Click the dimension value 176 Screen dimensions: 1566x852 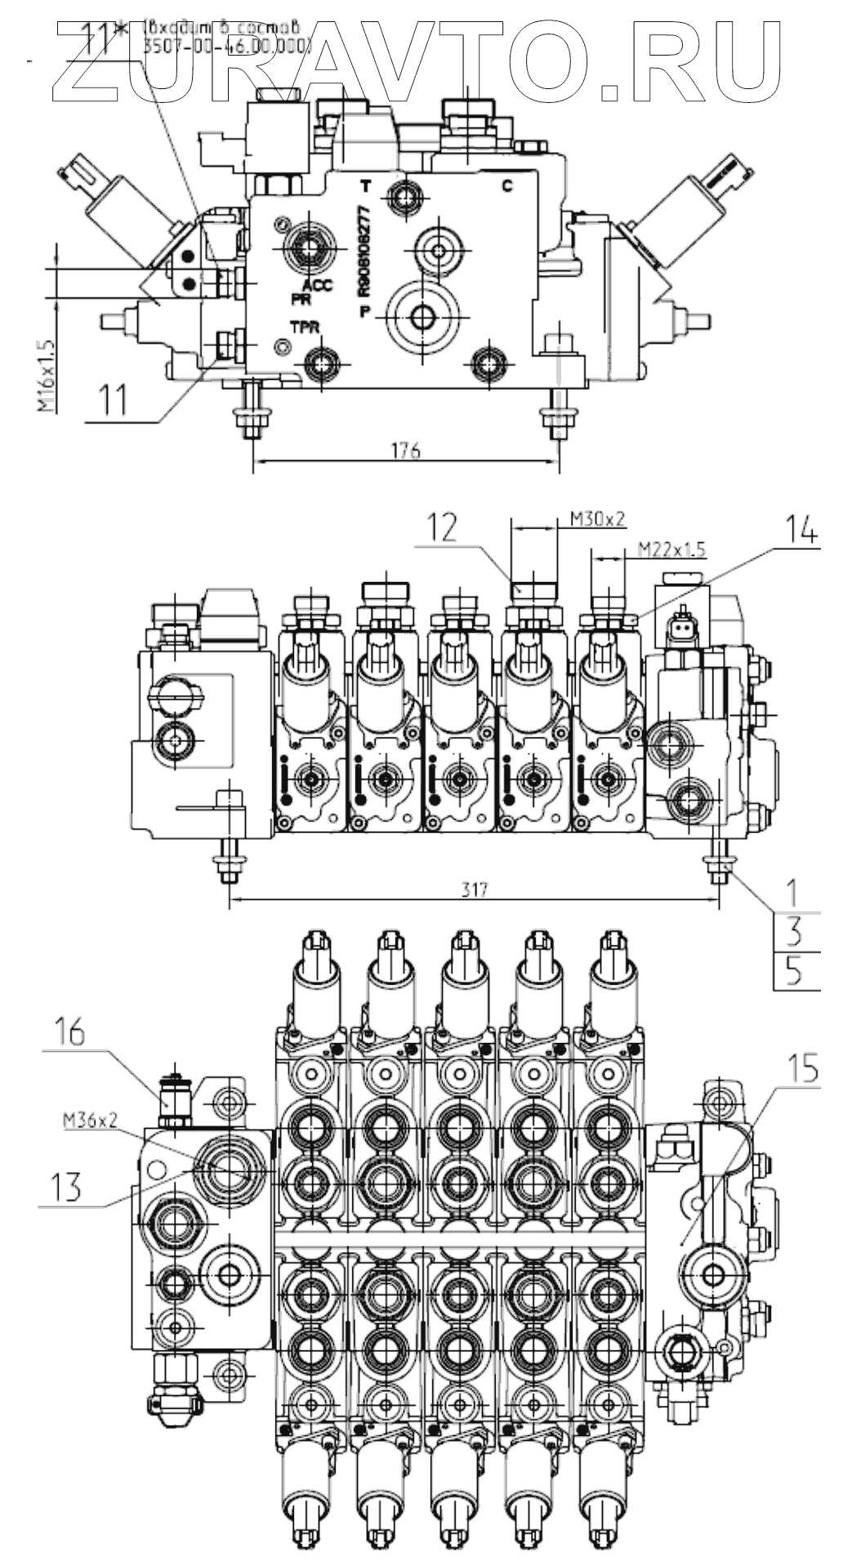coord(405,450)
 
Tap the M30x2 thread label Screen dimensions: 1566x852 coord(597,517)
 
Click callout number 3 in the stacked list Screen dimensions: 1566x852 coord(792,931)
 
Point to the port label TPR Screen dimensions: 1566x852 coord(304,327)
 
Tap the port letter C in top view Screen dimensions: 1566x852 coord(506,186)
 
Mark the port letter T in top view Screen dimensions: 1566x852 coord(366,186)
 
